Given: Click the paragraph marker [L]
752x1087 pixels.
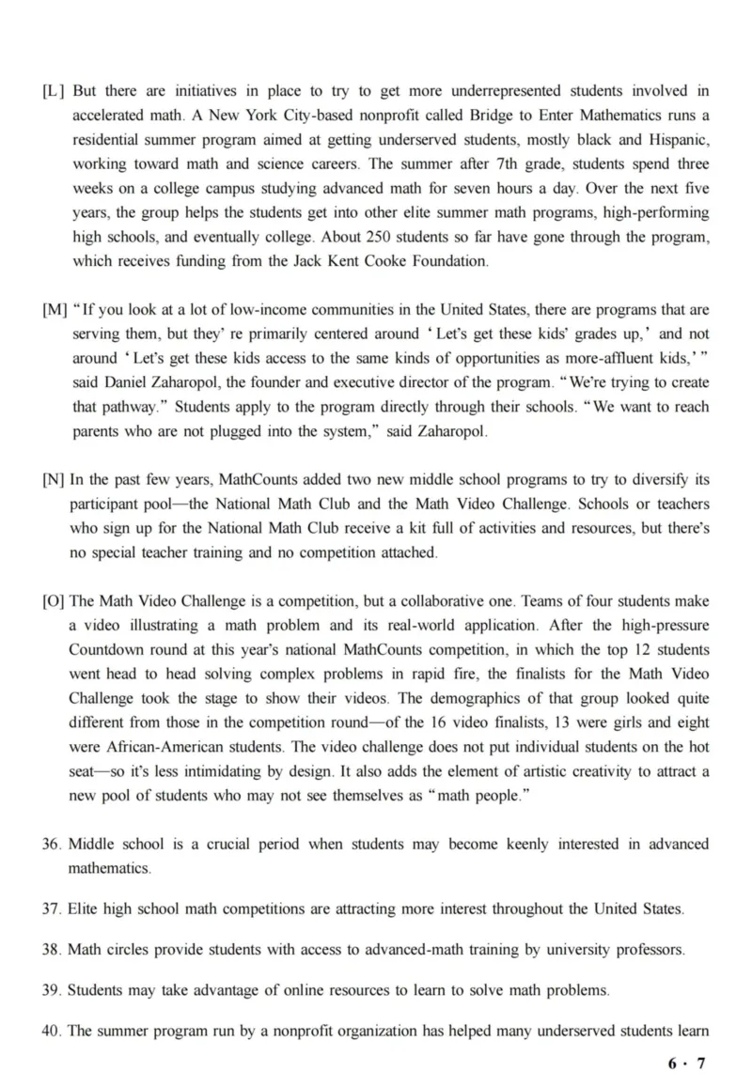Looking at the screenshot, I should coord(54,91).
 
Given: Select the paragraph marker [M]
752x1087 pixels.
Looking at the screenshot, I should coord(55,310).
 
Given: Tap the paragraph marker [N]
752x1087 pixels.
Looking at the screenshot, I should coord(54,480).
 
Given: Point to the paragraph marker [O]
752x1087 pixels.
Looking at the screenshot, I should coord(54,601).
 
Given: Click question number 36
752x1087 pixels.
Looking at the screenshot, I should coord(52,844).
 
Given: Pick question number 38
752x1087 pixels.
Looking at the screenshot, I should coord(52,950).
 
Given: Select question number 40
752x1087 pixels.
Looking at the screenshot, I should coord(52,1031).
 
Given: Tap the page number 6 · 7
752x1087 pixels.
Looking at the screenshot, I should coord(686,1064).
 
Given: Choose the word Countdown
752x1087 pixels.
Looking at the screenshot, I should coord(104,650).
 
